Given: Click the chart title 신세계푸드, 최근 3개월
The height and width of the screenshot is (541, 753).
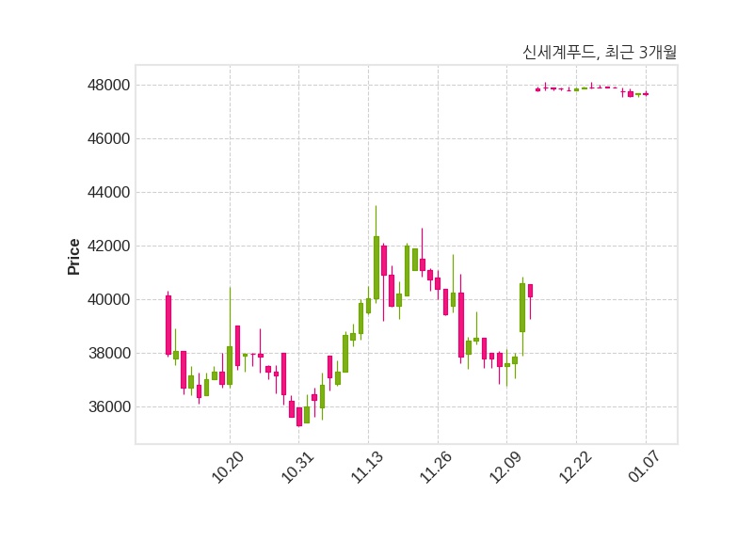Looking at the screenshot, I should pyautogui.click(x=599, y=53).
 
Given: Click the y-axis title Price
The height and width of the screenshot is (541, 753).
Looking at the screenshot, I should pyautogui.click(x=74, y=257).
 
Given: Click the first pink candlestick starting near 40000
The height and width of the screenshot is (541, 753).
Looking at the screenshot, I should pyautogui.click(x=168, y=325).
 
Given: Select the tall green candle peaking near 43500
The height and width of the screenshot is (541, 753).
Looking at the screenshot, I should pyautogui.click(x=376, y=267).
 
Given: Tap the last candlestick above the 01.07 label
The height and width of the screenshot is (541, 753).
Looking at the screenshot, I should pyautogui.click(x=646, y=94).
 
